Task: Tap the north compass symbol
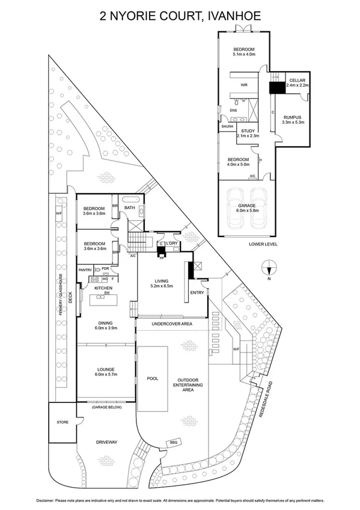pos(270,268)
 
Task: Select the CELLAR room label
pos(297,80)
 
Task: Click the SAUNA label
pos(227,127)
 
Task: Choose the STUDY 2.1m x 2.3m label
pos(248,134)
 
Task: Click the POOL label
pos(152,379)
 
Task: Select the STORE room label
pos(63,422)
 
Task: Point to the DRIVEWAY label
pos(106,442)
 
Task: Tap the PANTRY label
pos(85,270)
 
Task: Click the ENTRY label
pos(197,293)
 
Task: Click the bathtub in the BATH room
pos(130,198)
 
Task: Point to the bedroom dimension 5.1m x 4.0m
pos(244,55)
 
